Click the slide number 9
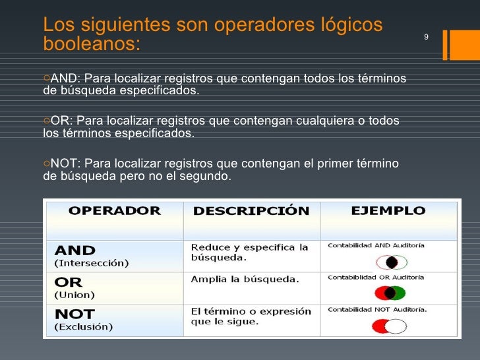pyautogui.click(x=426, y=37)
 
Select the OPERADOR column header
pyautogui.click(x=115, y=211)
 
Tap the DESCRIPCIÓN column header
pyautogui.click(x=251, y=212)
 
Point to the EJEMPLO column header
pyautogui.click(x=388, y=211)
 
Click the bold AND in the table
pyautogui.click(x=75, y=251)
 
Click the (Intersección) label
pyautogui.click(x=91, y=263)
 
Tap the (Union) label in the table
pyautogui.click(x=74, y=295)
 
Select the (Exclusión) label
pyautogui.click(x=83, y=326)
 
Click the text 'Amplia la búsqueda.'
pyautogui.click(x=245, y=279)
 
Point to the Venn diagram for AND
pyautogui.click(x=391, y=262)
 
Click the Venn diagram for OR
pyautogui.click(x=390, y=293)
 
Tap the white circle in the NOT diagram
pyautogui.click(x=396, y=326)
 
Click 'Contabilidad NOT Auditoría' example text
pyautogui.click(x=377, y=309)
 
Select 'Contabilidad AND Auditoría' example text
pyautogui.click(x=376, y=245)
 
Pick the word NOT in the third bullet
pyautogui.click(x=64, y=164)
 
